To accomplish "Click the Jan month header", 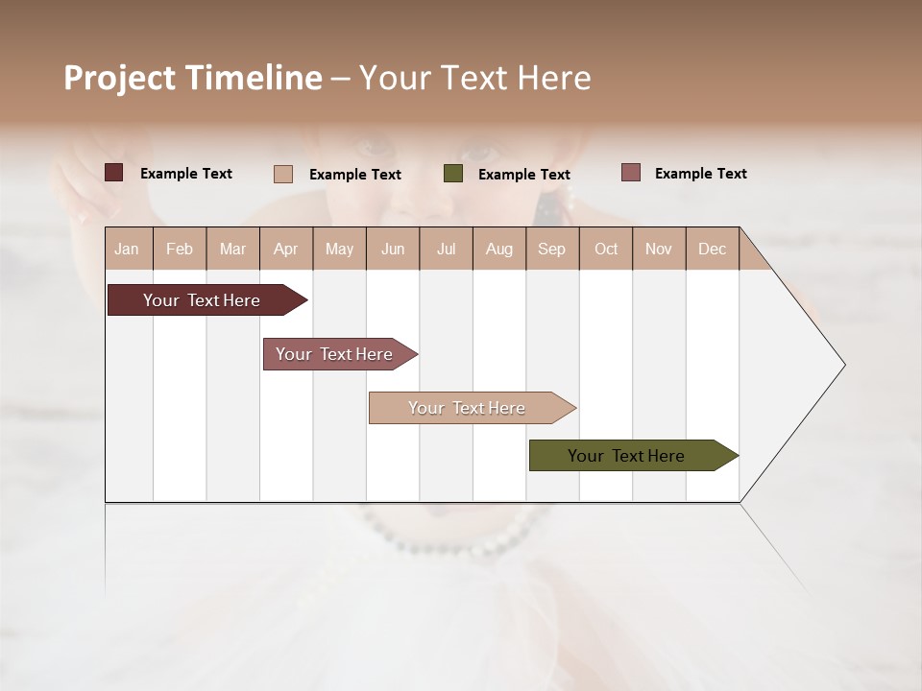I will [127, 249].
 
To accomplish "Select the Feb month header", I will [180, 249].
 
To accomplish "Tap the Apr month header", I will [285, 249].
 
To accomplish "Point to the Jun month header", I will [393, 249].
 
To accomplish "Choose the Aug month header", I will [498, 249].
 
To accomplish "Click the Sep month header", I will [551, 249].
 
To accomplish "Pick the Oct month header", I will [606, 249].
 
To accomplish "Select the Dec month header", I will [712, 249].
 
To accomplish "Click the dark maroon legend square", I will [114, 173].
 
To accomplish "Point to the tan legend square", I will [283, 174].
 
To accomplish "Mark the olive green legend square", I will [453, 174].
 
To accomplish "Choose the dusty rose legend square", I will [630, 173].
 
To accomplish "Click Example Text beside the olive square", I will [523, 175].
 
